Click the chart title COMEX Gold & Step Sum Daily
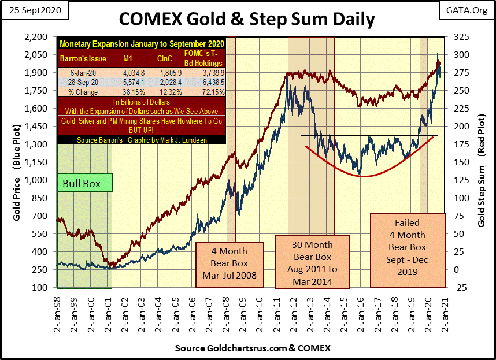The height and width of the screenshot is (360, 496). (x=247, y=18)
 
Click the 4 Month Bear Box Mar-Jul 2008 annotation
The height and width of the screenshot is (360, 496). (x=230, y=262)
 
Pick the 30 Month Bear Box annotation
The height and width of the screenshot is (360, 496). (x=312, y=261)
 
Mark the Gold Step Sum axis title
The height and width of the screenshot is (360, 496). (x=482, y=162)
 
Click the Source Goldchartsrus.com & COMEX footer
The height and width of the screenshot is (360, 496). (x=247, y=349)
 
